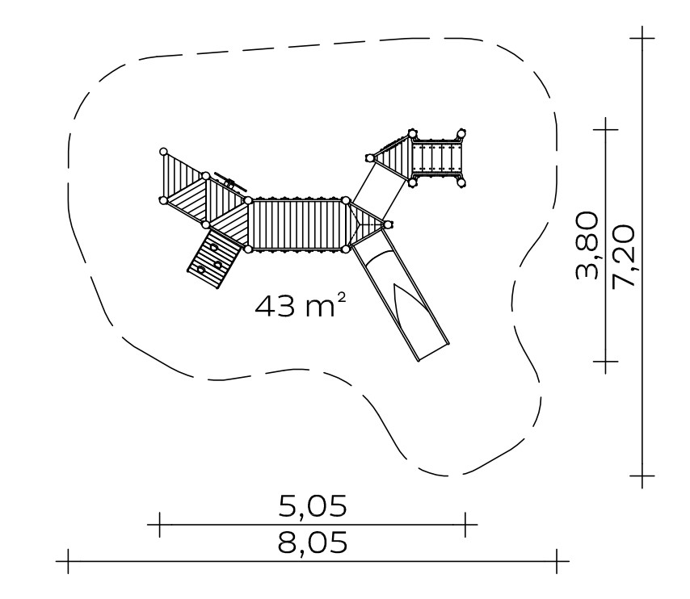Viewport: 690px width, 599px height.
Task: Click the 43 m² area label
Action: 301,305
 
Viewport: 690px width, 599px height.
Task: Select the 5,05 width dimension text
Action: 313,506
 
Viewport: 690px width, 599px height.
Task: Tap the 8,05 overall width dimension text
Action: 313,543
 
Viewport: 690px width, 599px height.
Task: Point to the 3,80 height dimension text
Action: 587,245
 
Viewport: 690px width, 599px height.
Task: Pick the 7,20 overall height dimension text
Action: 624,257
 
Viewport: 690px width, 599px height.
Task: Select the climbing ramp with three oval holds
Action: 213,258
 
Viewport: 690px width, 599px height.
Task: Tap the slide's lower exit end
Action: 433,351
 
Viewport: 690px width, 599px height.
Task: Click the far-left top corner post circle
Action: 163,152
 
